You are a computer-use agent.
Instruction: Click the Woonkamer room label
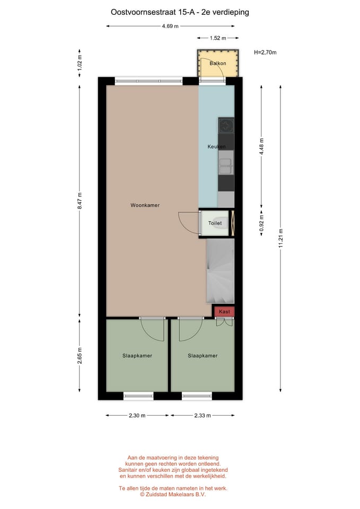(x=145, y=205)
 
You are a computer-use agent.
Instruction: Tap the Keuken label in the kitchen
(x=216, y=147)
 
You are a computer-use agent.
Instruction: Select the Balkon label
(x=217, y=64)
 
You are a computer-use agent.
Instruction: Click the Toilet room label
(x=215, y=224)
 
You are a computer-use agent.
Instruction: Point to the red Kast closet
(x=224, y=312)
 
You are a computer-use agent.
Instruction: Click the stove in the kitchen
(x=226, y=126)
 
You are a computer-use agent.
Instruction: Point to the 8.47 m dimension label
(x=80, y=201)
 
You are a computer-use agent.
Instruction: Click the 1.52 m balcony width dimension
(x=217, y=38)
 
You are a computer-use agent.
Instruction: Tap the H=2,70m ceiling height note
(x=265, y=52)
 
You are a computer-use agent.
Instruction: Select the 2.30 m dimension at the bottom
(x=137, y=415)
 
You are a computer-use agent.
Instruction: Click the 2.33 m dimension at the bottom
(x=202, y=415)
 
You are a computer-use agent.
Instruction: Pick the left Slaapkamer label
(x=137, y=356)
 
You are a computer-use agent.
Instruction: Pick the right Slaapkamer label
(x=203, y=356)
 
